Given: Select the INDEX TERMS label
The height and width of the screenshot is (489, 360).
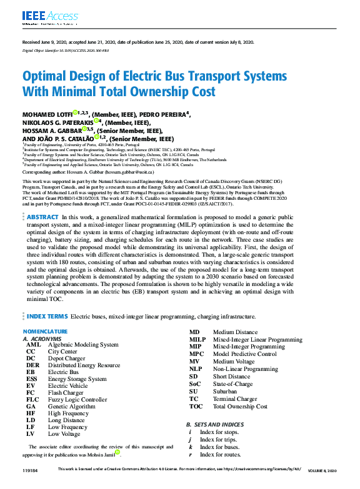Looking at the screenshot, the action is coord(47,317).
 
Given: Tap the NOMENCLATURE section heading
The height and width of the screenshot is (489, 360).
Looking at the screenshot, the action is coord(44,331).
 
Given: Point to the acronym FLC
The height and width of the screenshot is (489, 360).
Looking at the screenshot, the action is coord(32,400).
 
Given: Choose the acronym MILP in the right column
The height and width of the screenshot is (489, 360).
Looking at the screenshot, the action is coord(197,340).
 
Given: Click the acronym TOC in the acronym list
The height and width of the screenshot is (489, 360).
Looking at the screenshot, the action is coord(196,407).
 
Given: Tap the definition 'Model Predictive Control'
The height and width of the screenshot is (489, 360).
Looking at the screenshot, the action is coord(244,354).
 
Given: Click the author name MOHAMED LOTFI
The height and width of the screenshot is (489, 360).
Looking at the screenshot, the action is coord(47,114).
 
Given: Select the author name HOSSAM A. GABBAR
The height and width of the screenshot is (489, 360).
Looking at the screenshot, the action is coord(52,131).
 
